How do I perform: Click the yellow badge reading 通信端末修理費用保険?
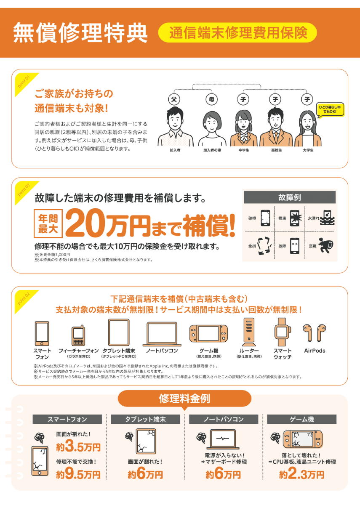pyautogui.click(x=237, y=33)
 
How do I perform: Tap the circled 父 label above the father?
pyautogui.click(x=174, y=99)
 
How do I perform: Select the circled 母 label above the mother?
pyautogui.click(x=211, y=99)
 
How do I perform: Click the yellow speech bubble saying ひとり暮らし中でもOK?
pyautogui.click(x=330, y=110)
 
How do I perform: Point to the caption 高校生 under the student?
pyautogui.click(x=276, y=150)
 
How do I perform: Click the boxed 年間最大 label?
pyautogui.click(x=48, y=223)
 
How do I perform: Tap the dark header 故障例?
pyautogui.click(x=290, y=197)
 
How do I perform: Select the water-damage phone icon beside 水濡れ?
pyautogui.click(x=327, y=218)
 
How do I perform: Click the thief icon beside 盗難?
pyautogui.click(x=327, y=245)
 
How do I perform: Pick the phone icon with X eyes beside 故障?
pyautogui.click(x=295, y=246)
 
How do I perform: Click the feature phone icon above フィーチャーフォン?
pyautogui.click(x=78, y=335)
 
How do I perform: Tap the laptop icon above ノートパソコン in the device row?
pyautogui.click(x=162, y=334)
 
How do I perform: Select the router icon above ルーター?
pyautogui.click(x=249, y=332)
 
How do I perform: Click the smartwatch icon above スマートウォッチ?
pyautogui.click(x=283, y=332)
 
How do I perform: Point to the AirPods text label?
pyautogui.click(x=315, y=351)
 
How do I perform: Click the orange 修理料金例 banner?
pyautogui.click(x=184, y=399)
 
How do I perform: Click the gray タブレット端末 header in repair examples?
pyautogui.click(x=145, y=419)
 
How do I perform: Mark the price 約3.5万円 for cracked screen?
pyautogui.click(x=78, y=447)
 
